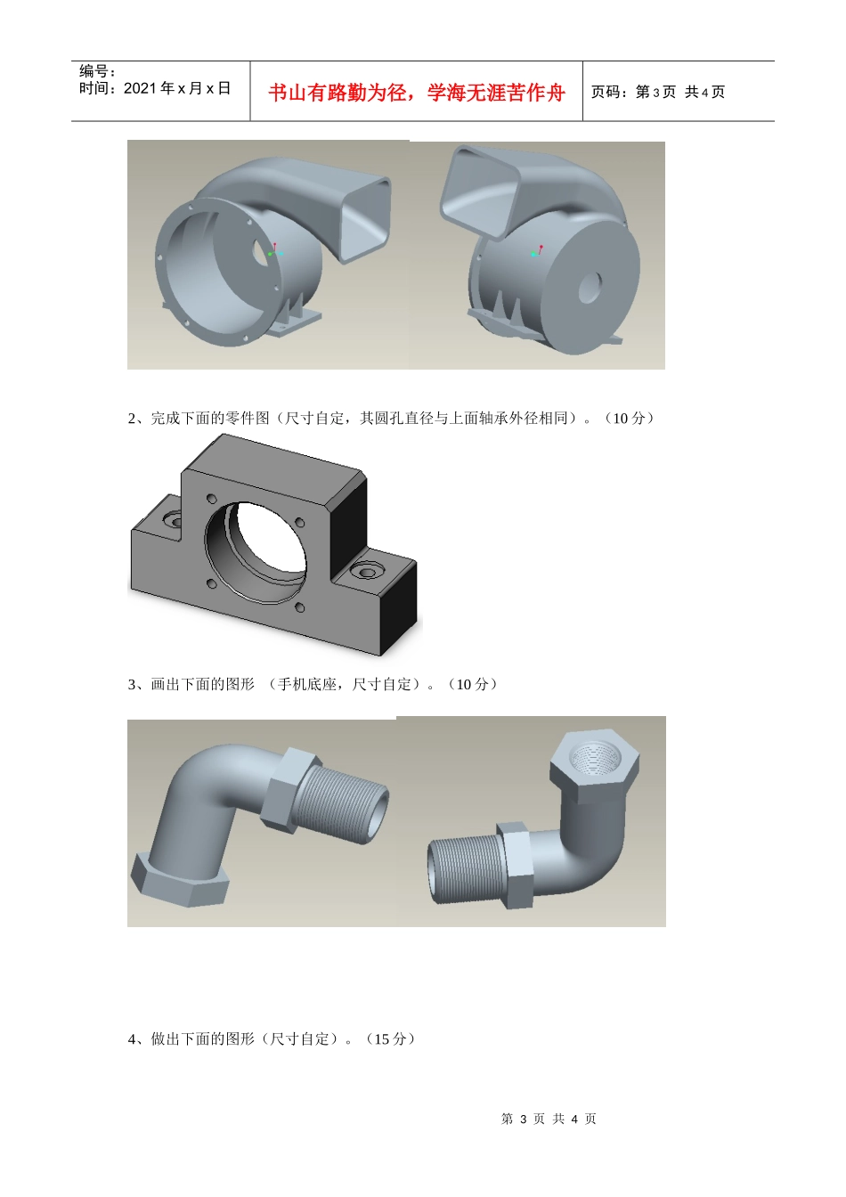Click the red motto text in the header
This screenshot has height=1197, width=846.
click(x=416, y=93)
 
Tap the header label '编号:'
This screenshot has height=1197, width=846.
click(x=97, y=70)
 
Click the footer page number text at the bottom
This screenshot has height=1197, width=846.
click(x=549, y=1119)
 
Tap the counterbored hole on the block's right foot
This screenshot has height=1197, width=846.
click(x=367, y=573)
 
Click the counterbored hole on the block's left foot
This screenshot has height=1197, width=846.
click(x=173, y=519)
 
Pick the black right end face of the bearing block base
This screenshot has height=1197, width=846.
click(x=397, y=608)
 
